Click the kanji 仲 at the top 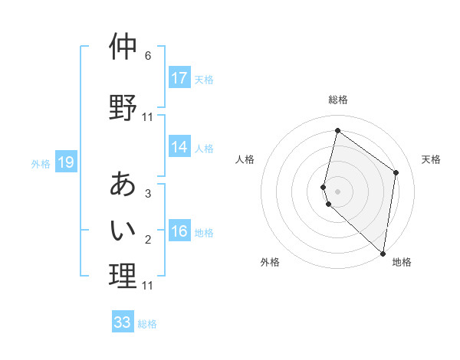123,47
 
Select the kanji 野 123,107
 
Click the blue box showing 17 179,78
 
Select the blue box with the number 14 179,147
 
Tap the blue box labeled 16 179,231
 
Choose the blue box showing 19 66,162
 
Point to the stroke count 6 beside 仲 148,56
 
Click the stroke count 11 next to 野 148,117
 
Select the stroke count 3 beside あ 148,194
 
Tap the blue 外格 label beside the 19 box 41,163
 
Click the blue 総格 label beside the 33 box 147,324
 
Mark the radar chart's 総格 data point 337,130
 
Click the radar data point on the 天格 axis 396,172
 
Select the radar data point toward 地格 383,253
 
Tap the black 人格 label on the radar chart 245,159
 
